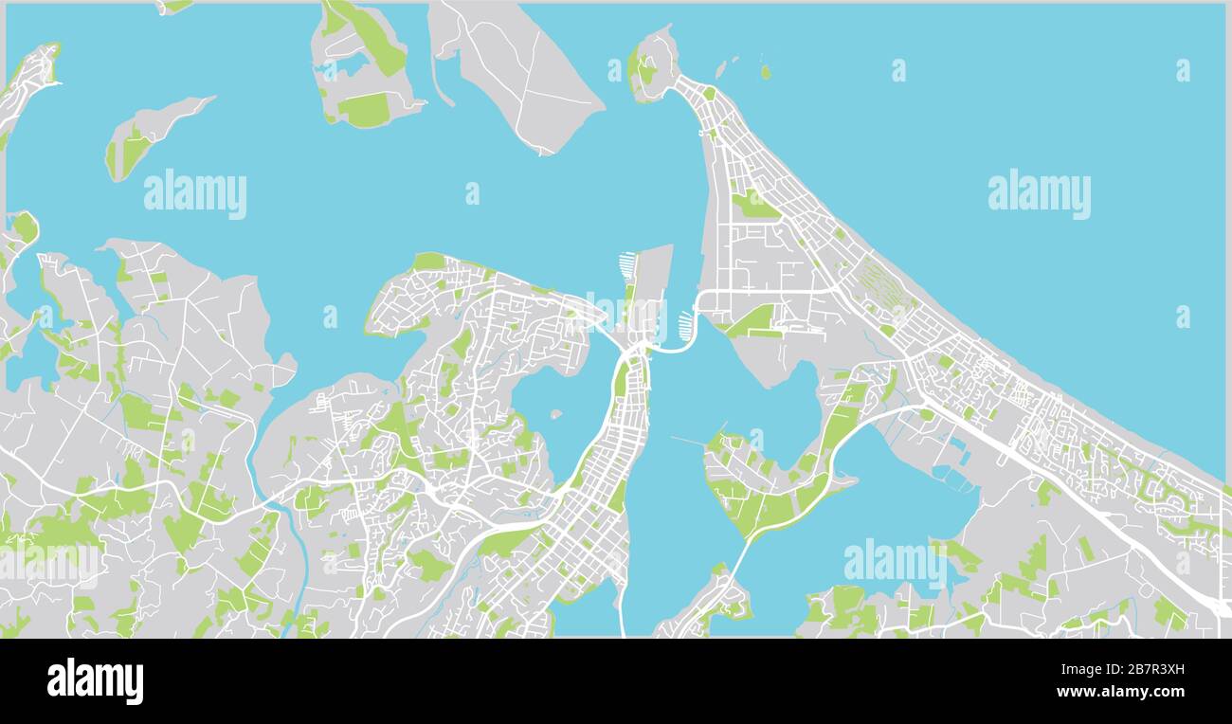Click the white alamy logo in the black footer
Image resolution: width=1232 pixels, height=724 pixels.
95,680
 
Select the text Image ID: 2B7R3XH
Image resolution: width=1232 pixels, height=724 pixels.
1125,670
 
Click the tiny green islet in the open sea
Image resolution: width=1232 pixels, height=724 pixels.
765,72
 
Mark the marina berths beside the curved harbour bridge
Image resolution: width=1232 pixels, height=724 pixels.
685,325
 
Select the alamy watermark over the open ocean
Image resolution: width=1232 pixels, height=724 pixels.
1039,194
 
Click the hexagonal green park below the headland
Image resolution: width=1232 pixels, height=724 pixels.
754,203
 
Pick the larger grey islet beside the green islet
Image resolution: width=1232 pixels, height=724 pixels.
722,67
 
